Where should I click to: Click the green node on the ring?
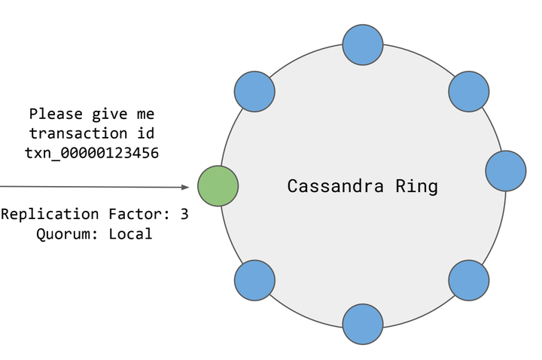pos(218,186)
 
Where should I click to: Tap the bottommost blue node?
pos(363,325)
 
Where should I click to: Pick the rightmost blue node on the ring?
pos(506,171)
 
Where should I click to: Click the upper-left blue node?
pos(254,92)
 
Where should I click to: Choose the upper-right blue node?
pos(469,92)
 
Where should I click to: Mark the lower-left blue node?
pos(254,280)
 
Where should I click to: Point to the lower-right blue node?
pos(469,280)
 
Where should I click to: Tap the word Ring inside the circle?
pos(417,186)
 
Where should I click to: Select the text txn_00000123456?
pos(92,153)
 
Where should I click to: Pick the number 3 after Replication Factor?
pos(184,215)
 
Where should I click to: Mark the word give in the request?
pos(111,114)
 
